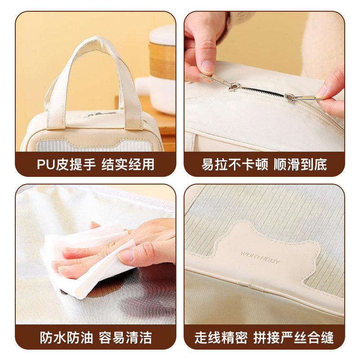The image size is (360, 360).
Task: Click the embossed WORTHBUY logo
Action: tap(260, 257)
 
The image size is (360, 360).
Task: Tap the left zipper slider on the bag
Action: tap(234, 87)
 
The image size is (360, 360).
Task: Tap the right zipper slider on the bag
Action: tap(289, 97)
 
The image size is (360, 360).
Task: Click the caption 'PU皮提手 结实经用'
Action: tap(95, 164)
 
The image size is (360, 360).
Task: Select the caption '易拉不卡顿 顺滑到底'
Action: tap(264, 164)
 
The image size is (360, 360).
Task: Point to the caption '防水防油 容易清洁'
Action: tap(96, 337)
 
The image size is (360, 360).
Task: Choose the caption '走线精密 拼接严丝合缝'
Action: tap(264, 337)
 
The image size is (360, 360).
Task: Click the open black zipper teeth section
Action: tap(262, 91)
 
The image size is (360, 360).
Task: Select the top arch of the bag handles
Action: tap(97, 41)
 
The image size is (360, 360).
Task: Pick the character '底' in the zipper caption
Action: tap(320, 164)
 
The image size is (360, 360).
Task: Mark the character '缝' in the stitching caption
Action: tap(328, 337)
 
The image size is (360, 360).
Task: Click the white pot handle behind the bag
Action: tap(143, 85)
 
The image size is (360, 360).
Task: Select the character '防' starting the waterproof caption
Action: tap(46, 337)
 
